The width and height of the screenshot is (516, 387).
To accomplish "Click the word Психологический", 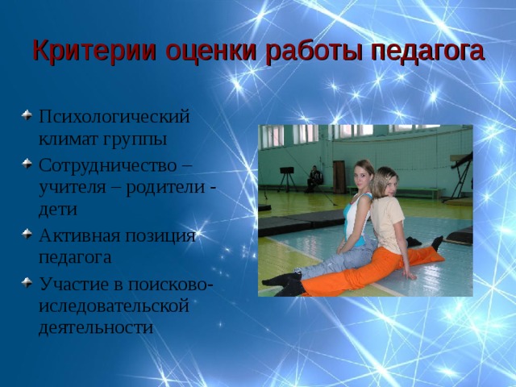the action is [114, 117].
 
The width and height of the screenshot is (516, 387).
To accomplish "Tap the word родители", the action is [165, 187].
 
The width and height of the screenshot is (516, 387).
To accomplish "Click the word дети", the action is [58, 210].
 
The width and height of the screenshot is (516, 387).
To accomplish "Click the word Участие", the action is [74, 284].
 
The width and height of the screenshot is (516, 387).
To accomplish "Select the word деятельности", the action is [96, 328].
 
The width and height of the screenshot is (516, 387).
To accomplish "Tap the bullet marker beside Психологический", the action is [27, 115].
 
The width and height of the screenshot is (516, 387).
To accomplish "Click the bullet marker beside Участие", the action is [27, 282].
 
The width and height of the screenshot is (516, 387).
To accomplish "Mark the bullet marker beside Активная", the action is [27, 234].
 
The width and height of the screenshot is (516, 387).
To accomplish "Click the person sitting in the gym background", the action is [314, 179].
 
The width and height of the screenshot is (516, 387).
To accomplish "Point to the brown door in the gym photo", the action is [339, 177].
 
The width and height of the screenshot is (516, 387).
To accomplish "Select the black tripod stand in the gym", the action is [287, 179].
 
